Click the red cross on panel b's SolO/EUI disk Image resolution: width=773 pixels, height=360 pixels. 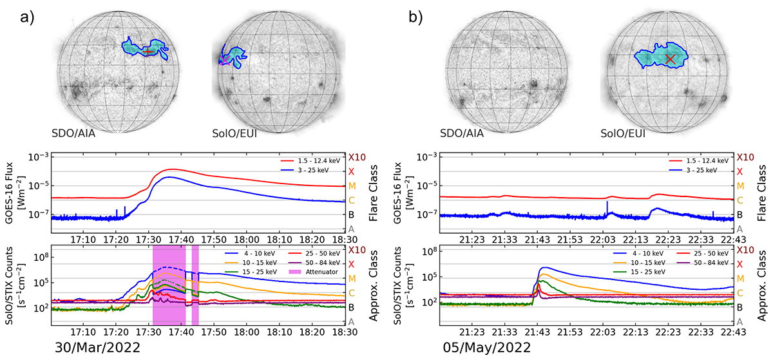click(670, 59)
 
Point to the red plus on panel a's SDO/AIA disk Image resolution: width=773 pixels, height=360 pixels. click(148, 51)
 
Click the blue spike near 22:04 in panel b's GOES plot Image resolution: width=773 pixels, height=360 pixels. click(607, 205)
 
